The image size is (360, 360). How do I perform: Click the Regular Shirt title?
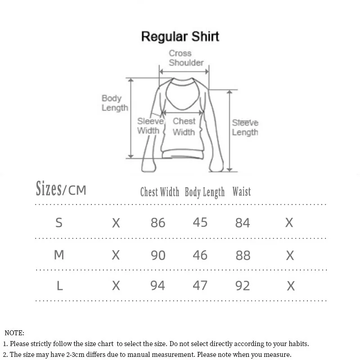click(180, 36)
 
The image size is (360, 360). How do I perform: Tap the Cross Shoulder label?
click(186, 58)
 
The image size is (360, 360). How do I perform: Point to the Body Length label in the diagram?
click(114, 103)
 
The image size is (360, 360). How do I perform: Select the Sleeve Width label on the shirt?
click(149, 126)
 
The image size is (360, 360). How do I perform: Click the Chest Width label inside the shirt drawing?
click(184, 126)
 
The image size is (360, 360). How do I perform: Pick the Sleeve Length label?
click(245, 127)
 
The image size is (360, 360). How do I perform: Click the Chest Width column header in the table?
click(160, 192)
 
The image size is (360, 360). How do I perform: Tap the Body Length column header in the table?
click(205, 192)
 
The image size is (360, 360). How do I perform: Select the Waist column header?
click(242, 192)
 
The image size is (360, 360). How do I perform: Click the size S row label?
click(59, 222)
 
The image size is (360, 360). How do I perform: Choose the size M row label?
click(59, 255)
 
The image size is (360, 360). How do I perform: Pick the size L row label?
click(59, 285)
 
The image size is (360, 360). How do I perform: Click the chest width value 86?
click(158, 223)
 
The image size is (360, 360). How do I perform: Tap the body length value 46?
click(200, 255)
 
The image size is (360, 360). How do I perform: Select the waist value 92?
click(243, 286)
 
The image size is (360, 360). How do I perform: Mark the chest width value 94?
click(157, 286)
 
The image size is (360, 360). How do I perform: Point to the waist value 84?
click(243, 223)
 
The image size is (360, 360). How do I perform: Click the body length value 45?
click(200, 222)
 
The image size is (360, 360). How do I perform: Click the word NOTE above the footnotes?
click(14, 333)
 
